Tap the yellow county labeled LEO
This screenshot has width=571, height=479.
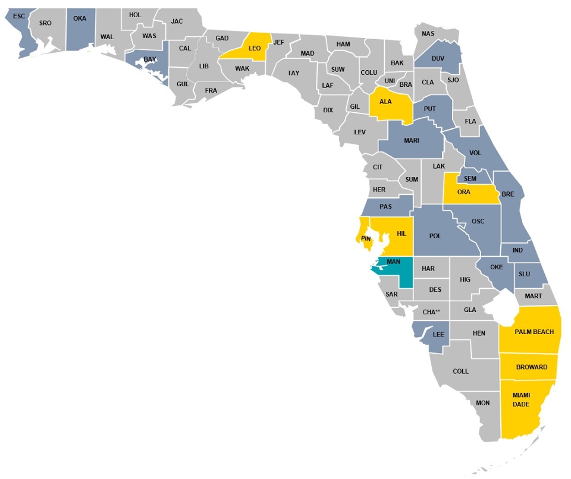click(x=255, y=48)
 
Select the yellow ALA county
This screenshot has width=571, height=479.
click(x=386, y=102)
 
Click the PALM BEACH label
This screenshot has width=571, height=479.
click(x=534, y=332)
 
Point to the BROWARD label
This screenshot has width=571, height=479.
click(x=532, y=367)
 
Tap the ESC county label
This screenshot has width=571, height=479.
click(x=19, y=16)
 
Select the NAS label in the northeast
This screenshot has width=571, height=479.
click(x=428, y=33)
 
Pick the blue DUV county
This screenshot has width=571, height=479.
click(x=438, y=58)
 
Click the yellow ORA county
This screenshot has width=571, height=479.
click(x=464, y=192)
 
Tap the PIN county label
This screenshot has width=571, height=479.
click(x=366, y=239)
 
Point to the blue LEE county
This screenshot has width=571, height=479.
click(x=438, y=335)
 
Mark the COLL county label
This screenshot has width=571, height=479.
click(x=461, y=371)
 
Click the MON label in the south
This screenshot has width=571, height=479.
click(x=483, y=403)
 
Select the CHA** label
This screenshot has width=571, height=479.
click(x=431, y=312)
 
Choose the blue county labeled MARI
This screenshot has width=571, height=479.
click(x=412, y=141)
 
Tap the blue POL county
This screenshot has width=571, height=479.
click(x=435, y=236)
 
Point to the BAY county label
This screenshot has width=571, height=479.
click(x=149, y=59)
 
